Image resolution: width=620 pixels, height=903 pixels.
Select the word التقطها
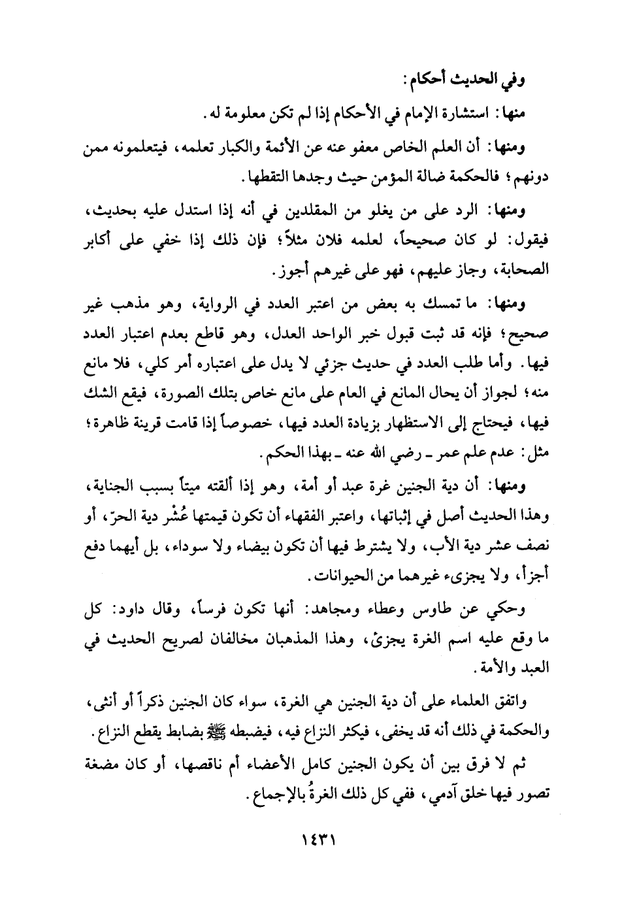tap(259, 177)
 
